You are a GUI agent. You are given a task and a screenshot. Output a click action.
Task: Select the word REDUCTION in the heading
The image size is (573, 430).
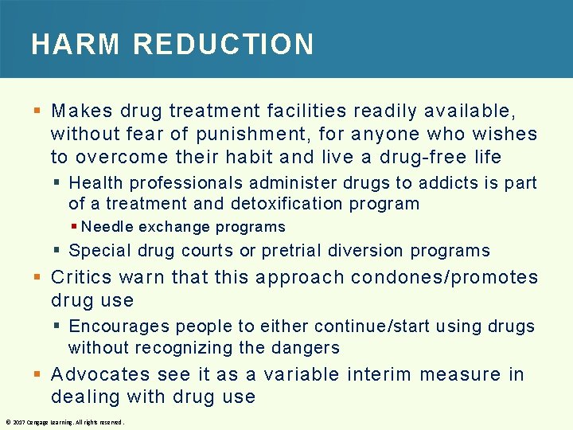224,45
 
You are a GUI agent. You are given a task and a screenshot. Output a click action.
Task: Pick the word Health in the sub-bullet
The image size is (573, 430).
95,183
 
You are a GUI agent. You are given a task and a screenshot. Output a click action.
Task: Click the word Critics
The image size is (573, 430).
84,278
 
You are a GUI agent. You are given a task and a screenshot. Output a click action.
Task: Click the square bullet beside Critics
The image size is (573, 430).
37,278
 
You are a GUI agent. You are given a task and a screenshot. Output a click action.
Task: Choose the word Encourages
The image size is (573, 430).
119,326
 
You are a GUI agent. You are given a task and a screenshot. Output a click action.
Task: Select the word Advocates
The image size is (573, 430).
99,375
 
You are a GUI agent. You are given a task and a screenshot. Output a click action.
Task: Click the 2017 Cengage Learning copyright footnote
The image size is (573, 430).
64,422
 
